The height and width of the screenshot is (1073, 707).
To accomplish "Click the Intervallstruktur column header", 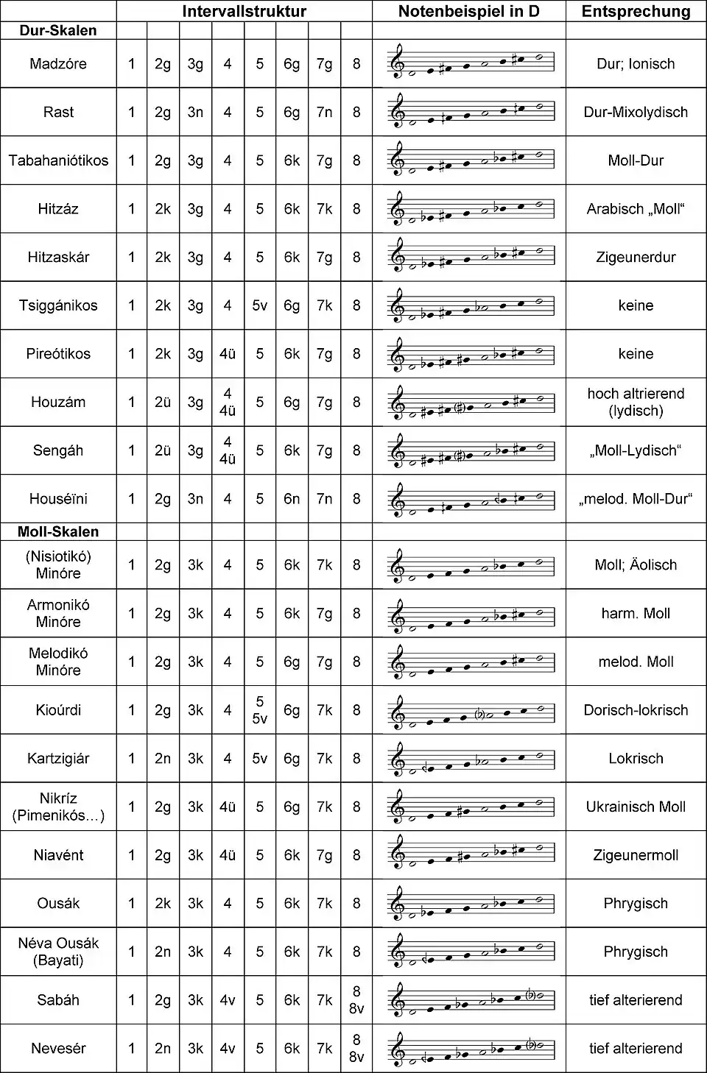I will (x=244, y=11).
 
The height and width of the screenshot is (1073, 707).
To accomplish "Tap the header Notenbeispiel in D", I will (x=468, y=11).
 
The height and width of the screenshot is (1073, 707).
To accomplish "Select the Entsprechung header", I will (x=636, y=11).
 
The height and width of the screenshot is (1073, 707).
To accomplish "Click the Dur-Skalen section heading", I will (x=57, y=30).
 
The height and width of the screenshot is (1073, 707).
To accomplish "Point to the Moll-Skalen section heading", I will (x=57, y=531).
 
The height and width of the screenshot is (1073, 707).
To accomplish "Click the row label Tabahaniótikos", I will (x=58, y=160).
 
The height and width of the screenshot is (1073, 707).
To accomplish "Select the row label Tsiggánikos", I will (x=58, y=305).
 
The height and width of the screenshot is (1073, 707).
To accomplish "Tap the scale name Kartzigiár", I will (x=58, y=758).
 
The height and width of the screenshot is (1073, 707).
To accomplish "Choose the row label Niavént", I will (x=58, y=855).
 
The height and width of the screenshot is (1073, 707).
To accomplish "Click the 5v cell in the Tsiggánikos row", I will (x=259, y=305).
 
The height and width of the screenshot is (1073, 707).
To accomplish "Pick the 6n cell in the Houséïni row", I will (x=292, y=499).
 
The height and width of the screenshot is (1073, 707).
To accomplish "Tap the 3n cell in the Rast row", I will (x=195, y=112).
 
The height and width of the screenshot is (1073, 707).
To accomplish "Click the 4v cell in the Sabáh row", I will (x=228, y=1000).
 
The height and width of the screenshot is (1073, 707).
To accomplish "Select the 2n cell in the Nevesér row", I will (x=163, y=1048).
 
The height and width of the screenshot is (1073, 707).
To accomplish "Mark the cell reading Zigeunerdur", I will (x=636, y=257).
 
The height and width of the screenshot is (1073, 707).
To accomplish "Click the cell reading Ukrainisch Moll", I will (x=636, y=807).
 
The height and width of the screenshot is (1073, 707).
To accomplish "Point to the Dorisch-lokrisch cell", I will (x=636, y=710).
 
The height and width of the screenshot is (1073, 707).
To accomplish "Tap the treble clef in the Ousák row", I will (x=398, y=902).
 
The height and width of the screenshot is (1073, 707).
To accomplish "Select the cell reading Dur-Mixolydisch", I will (x=636, y=112).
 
